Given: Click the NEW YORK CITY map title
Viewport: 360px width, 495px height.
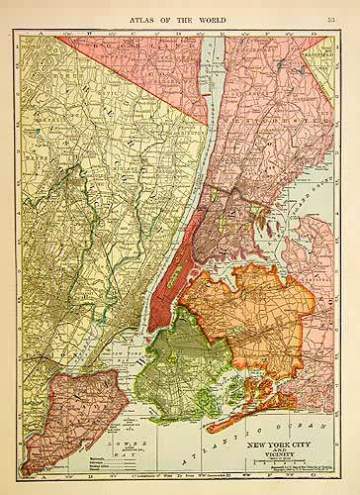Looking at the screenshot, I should click(288, 432).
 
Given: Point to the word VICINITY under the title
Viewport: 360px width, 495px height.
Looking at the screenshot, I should click(288, 445).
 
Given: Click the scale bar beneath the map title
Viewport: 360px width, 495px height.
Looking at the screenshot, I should click(288, 454).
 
